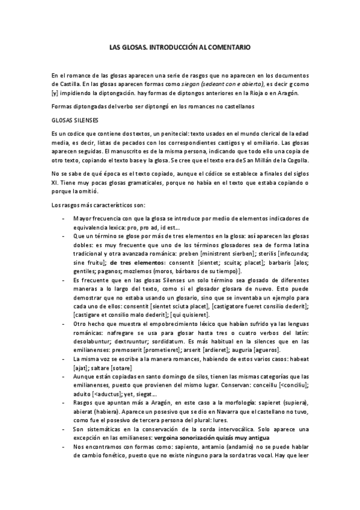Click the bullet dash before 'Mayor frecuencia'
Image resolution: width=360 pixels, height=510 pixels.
click(x=63, y=219)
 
